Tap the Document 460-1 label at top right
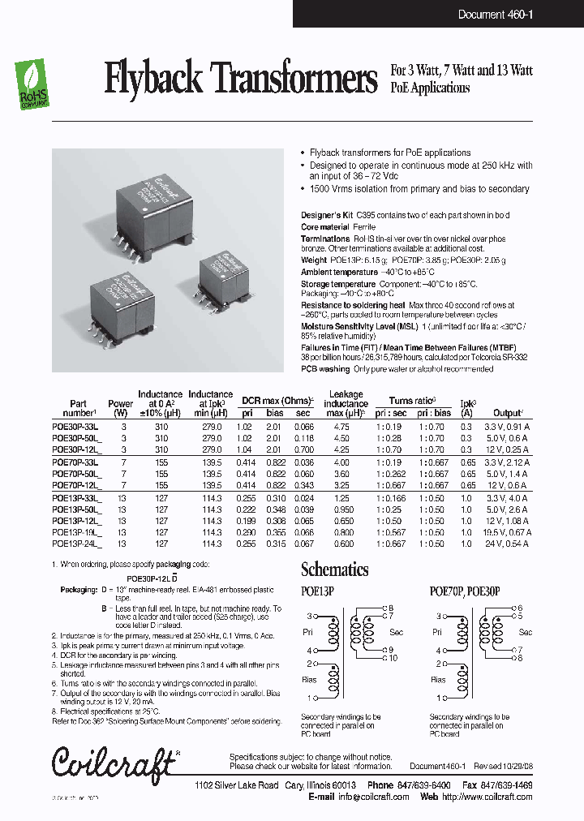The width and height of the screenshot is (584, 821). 496,14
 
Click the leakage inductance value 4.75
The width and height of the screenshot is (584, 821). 341,427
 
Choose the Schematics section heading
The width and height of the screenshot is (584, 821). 334,570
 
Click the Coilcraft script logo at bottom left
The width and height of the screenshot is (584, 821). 114,761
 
